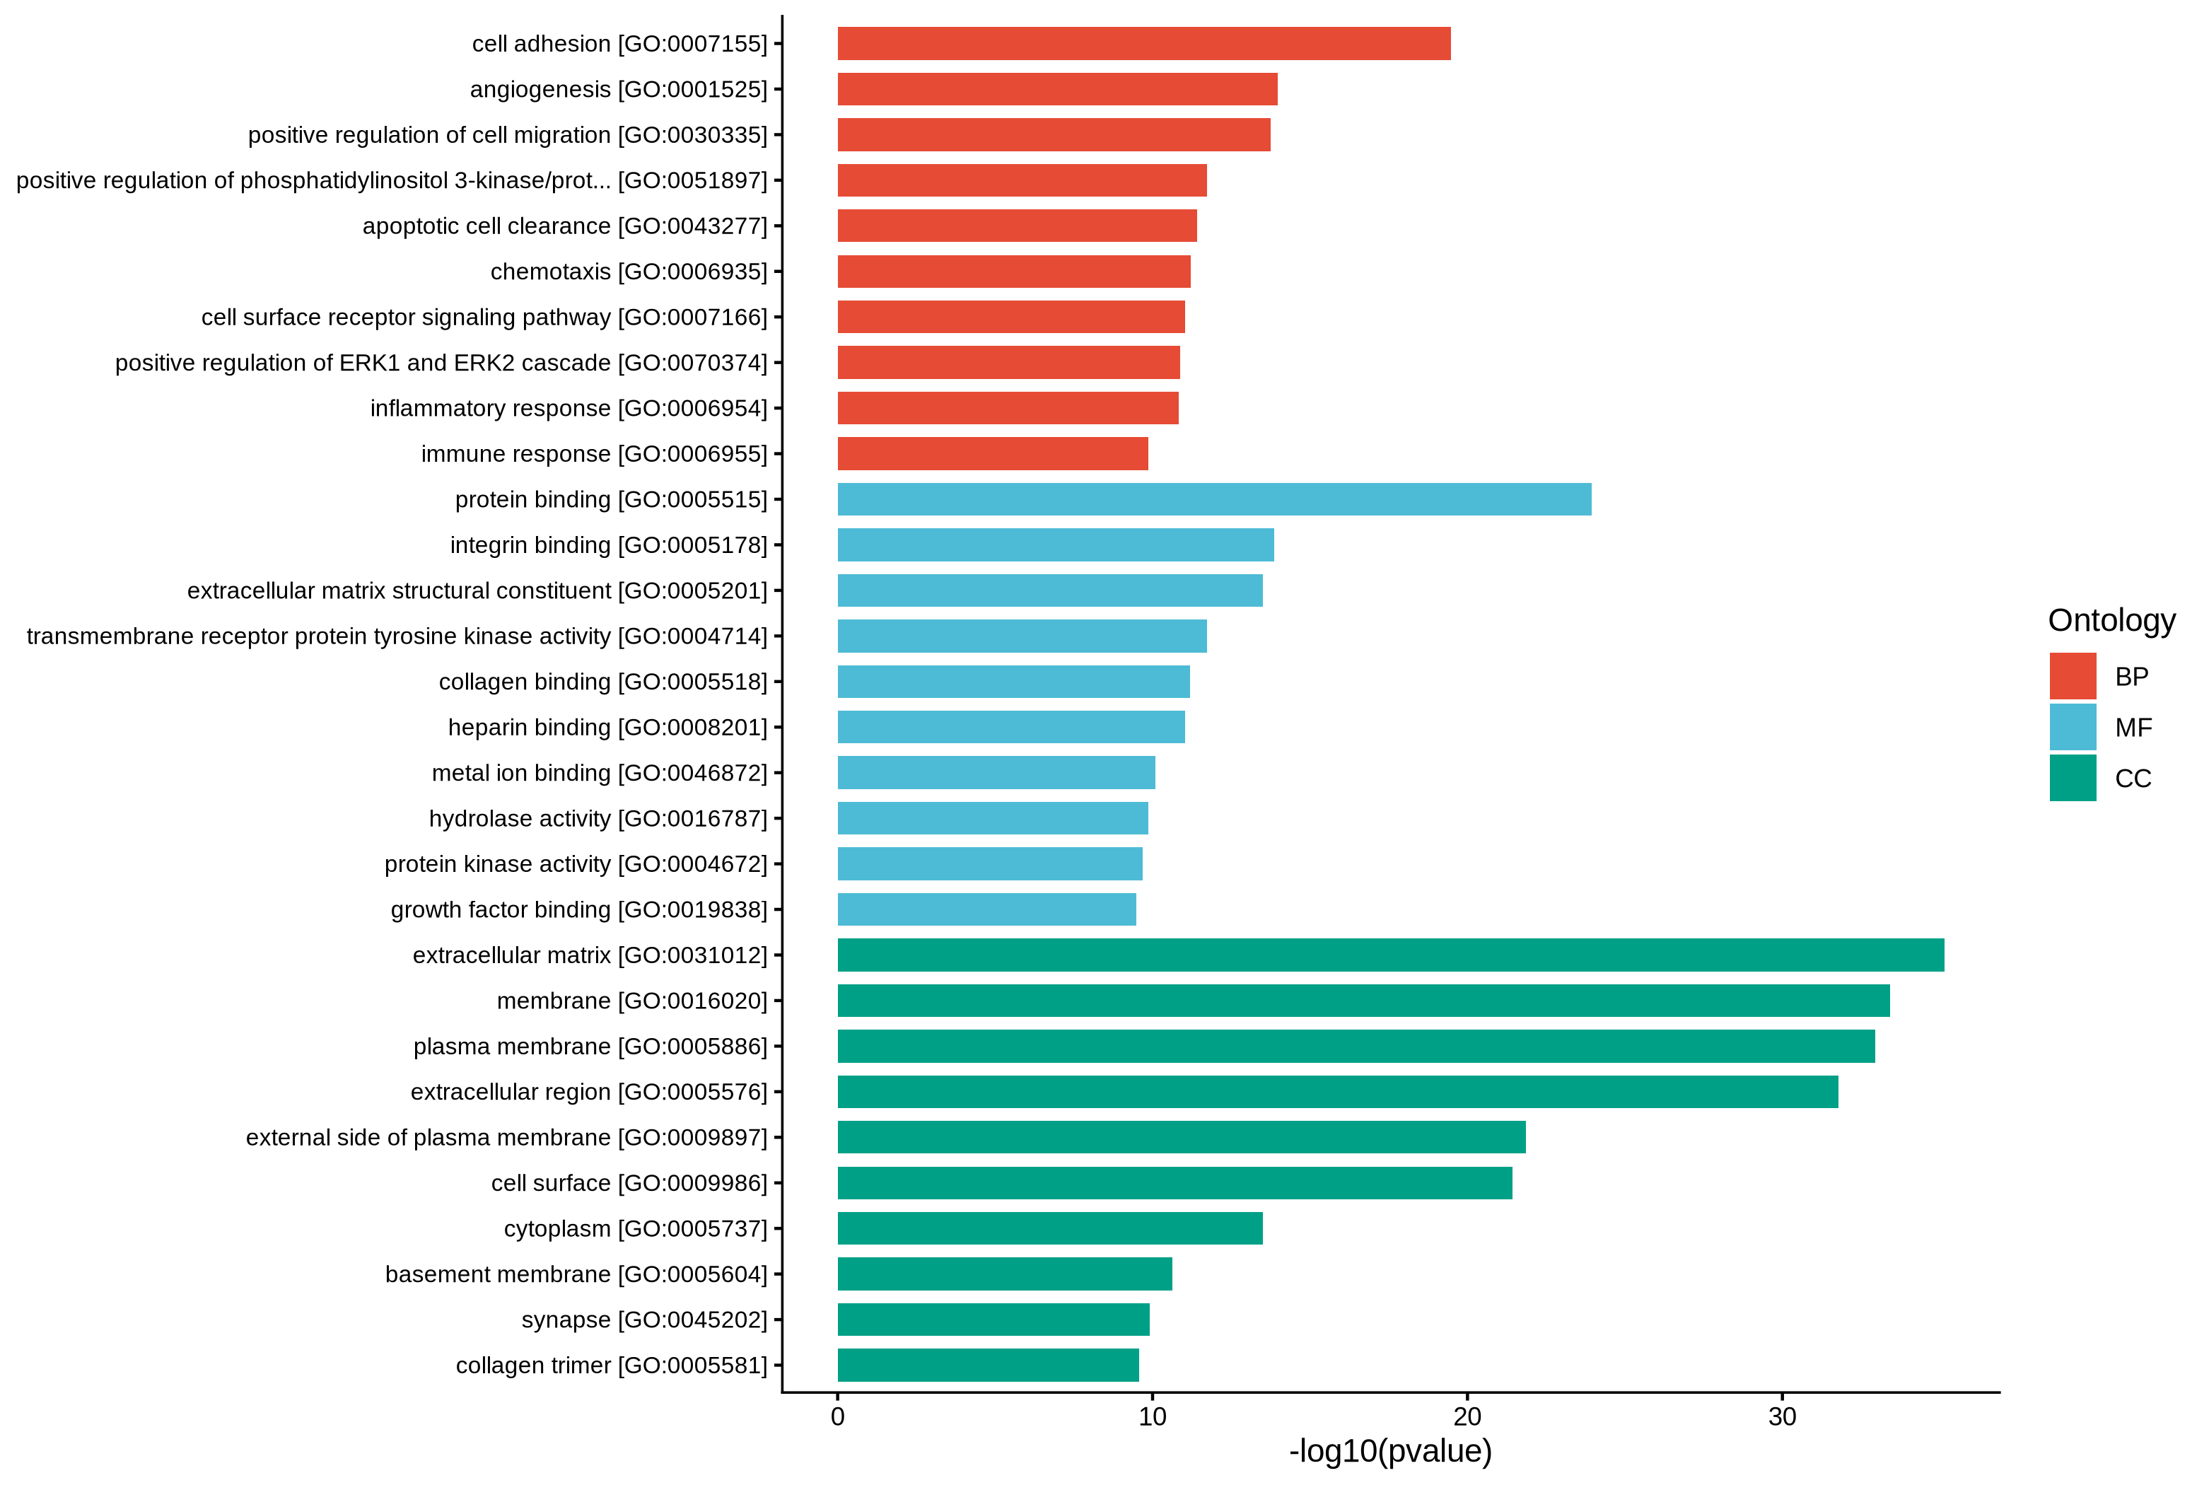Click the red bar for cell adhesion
(1144, 44)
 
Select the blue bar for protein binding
(1214, 499)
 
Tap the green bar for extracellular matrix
(1391, 955)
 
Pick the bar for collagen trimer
(989, 1365)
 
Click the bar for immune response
(993, 454)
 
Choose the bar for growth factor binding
(986, 909)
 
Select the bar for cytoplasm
(1050, 1228)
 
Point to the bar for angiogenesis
(1058, 89)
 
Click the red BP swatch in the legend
(2073, 676)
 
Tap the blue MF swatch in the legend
(2073, 728)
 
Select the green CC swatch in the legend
(2073, 778)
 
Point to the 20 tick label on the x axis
(1467, 1418)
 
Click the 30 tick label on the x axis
(1782, 1418)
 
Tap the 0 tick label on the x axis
(838, 1418)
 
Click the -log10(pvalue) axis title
(1390, 1452)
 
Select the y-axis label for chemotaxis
(629, 272)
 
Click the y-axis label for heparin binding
(608, 728)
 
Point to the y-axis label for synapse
(645, 1320)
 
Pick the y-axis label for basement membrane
(576, 1274)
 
